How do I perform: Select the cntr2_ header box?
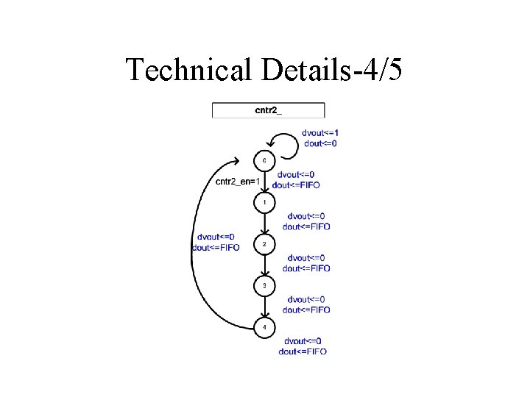coord(268,110)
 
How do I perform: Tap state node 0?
coord(264,160)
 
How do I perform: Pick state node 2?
coord(264,243)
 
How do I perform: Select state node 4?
coord(264,326)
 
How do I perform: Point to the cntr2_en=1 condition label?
coord(238,181)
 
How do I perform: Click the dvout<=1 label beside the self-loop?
coord(321,133)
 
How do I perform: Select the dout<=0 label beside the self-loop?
coord(321,143)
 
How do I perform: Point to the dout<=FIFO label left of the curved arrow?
coord(216,248)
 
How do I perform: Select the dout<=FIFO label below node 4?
coord(303,351)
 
